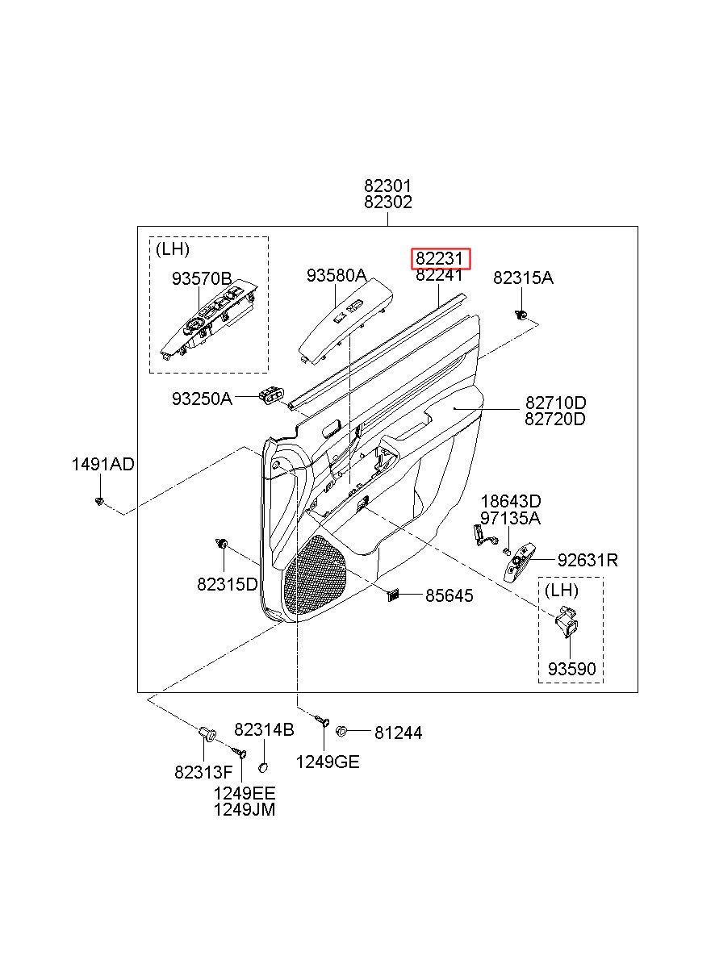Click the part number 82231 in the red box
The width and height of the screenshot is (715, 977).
coord(438,259)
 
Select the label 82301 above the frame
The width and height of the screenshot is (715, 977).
coord(388,186)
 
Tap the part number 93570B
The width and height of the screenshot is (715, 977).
coord(202,278)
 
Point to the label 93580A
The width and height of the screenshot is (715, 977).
coord(337,275)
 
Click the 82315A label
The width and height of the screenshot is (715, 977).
coord(523,278)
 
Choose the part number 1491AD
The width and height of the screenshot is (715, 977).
coord(103,465)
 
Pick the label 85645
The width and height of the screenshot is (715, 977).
coord(449,595)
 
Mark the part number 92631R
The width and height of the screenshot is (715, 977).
coord(587,560)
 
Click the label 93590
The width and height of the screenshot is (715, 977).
coord(571,669)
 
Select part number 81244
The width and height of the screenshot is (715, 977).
coord(398,733)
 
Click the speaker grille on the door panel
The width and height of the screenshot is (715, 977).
coord(315,577)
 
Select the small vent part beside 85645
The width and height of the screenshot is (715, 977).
coord(393,595)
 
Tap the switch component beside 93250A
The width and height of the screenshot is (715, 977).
coord(271,395)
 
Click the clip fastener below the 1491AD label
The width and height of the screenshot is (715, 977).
coord(99,501)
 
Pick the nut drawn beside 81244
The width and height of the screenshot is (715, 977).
coord(341,731)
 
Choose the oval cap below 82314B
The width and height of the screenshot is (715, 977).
coord(263,767)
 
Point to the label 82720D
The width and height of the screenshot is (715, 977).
coord(554,420)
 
